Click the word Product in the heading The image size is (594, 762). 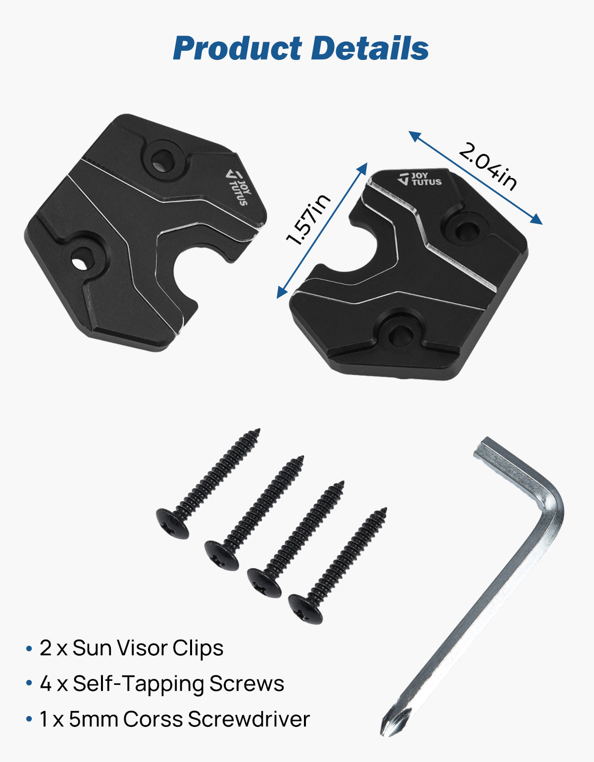(237, 48)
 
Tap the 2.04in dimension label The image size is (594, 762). (488, 166)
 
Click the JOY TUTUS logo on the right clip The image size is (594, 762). (420, 179)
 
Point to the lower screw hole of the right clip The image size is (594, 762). (398, 334)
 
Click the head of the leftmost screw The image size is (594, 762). (172, 524)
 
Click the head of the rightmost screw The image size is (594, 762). (305, 608)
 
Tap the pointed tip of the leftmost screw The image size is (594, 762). (257, 431)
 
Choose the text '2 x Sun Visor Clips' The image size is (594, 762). (131, 648)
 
